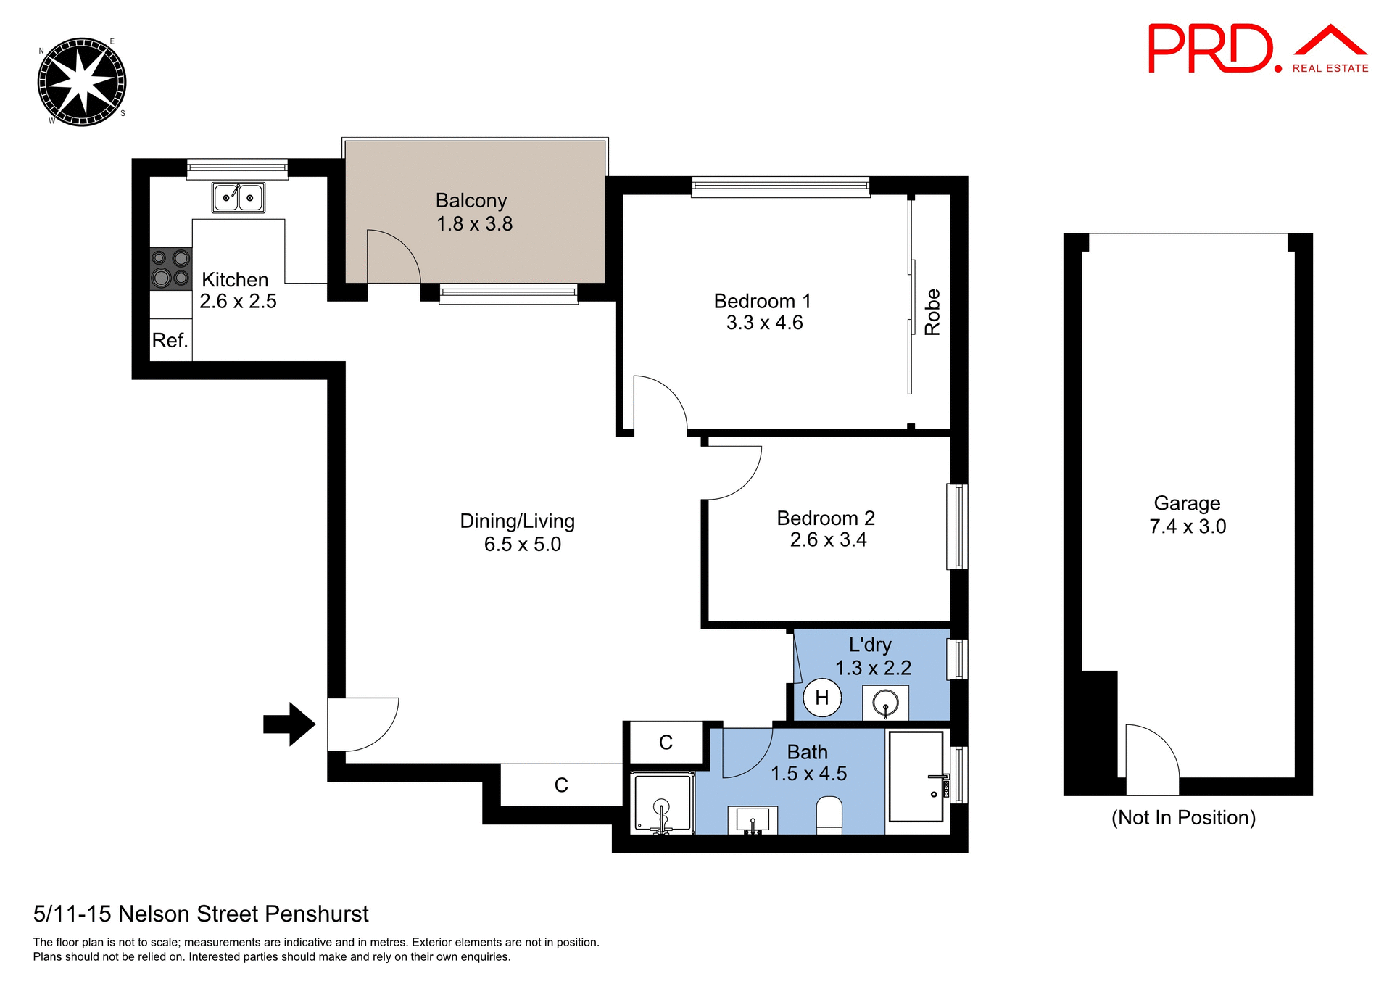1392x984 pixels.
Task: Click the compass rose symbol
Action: coord(82,82)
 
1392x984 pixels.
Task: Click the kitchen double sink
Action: coord(238,197)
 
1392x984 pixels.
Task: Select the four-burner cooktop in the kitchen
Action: coord(170,268)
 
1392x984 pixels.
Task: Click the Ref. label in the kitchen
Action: coord(170,340)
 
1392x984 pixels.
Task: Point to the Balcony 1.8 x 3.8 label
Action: coord(473,212)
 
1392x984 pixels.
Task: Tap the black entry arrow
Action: coord(289,724)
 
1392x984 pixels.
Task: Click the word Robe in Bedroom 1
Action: coord(932,312)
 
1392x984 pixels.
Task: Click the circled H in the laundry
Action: coord(822,698)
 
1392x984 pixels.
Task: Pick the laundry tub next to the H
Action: coord(885,703)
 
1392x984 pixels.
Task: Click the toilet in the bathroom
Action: coord(829,815)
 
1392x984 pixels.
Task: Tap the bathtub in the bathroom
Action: coord(916,776)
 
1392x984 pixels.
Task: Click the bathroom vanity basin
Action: coord(753,820)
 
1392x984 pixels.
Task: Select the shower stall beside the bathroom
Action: coord(662,803)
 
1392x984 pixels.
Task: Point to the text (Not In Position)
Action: coord(1183,817)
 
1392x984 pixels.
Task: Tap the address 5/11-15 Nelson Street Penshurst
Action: coord(201,914)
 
